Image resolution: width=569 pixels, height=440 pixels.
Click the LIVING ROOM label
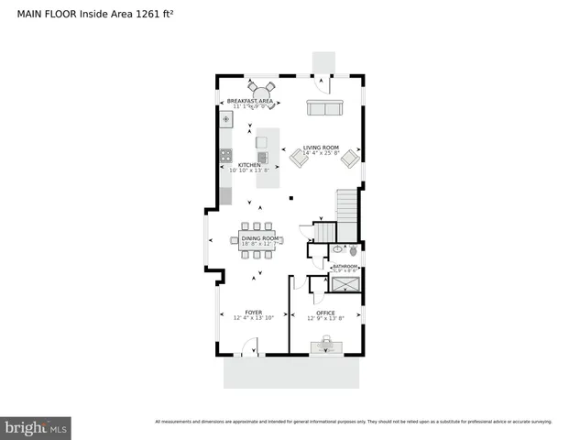[x=322, y=148]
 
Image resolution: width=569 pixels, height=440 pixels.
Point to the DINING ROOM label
[x=257, y=238]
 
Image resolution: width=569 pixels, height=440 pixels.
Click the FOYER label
[x=254, y=312]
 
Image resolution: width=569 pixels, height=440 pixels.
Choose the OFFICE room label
[x=325, y=313]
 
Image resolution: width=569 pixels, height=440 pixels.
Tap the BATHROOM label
[x=345, y=267]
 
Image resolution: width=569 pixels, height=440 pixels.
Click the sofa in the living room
[x=323, y=109]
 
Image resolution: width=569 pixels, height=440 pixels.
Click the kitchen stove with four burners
[x=225, y=156]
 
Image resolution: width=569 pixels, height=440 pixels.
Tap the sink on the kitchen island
[x=263, y=157]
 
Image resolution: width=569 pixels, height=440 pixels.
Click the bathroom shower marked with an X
[x=345, y=284]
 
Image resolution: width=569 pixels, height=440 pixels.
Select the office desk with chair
[x=325, y=346]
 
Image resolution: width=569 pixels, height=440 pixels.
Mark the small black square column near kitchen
[x=290, y=197]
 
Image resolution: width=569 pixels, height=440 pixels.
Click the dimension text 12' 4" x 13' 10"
[x=254, y=318]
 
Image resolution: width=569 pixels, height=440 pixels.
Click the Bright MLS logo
[x=37, y=428]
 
